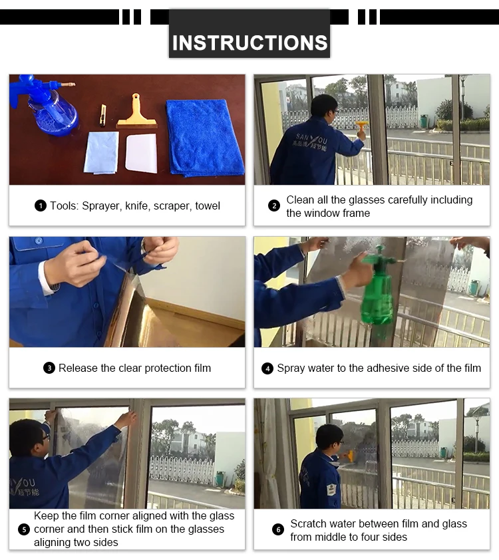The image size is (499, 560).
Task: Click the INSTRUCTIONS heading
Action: [x=249, y=43]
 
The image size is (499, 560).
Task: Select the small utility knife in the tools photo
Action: [x=103, y=115]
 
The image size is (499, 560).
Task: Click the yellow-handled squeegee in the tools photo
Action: [x=137, y=112]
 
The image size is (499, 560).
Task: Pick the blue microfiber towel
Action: [x=204, y=138]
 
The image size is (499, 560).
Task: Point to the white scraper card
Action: [x=142, y=153]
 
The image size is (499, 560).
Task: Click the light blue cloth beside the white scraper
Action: [x=101, y=153]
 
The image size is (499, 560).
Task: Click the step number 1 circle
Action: [x=41, y=206]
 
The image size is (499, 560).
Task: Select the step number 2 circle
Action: [x=274, y=206]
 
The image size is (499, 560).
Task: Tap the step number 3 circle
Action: [x=49, y=368]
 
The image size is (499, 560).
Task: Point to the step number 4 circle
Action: [x=267, y=368]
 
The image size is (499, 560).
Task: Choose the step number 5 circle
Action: [x=24, y=529]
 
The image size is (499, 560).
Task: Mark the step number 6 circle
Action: [x=278, y=529]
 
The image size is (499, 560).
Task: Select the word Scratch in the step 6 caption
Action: [x=308, y=523]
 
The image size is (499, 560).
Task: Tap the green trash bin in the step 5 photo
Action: [x=220, y=480]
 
